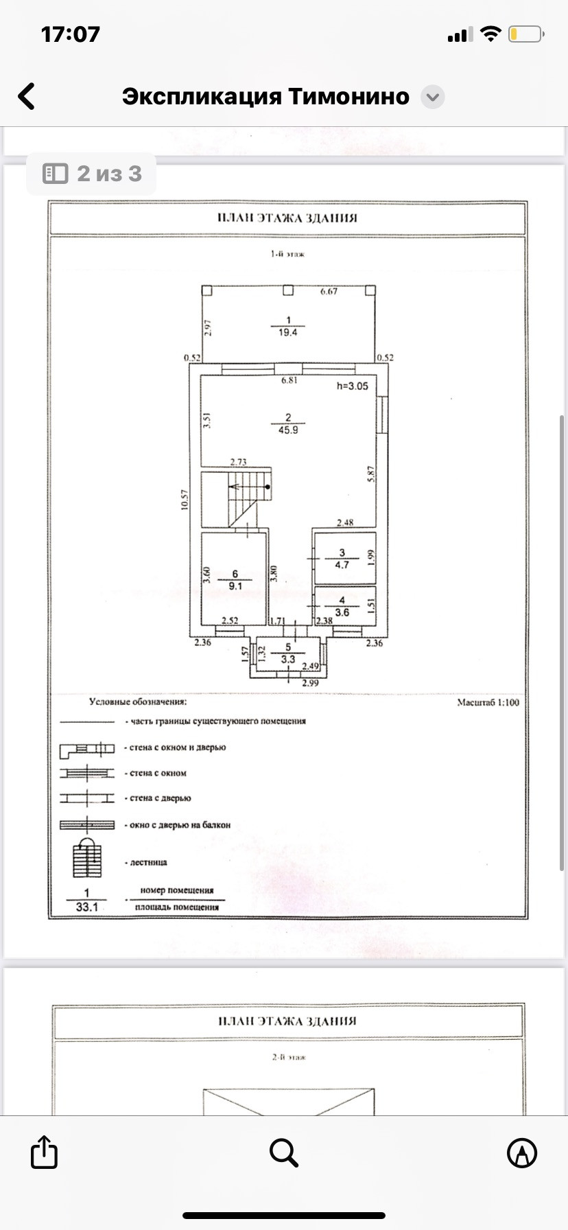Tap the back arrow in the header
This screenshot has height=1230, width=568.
click(27, 97)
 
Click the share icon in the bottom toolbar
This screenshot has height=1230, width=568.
click(43, 1152)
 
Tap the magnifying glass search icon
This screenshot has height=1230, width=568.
click(283, 1152)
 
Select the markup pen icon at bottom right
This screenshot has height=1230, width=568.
click(522, 1152)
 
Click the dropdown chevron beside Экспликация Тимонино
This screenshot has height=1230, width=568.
click(432, 97)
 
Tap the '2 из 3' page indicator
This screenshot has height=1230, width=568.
click(92, 174)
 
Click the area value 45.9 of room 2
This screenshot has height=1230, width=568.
click(288, 430)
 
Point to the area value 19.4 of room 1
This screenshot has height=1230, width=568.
click(288, 333)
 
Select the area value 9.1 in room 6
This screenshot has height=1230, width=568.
click(235, 586)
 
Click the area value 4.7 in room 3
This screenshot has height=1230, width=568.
click(342, 565)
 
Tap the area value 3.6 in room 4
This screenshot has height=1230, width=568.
click(342, 612)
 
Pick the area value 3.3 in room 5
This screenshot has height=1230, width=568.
click(288, 659)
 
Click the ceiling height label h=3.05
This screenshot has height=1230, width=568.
click(352, 386)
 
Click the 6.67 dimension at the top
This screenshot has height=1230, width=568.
click(329, 292)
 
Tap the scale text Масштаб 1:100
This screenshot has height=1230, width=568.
click(488, 703)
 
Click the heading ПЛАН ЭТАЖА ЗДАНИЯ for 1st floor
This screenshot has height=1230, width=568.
click(287, 218)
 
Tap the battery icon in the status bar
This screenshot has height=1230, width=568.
click(526, 34)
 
